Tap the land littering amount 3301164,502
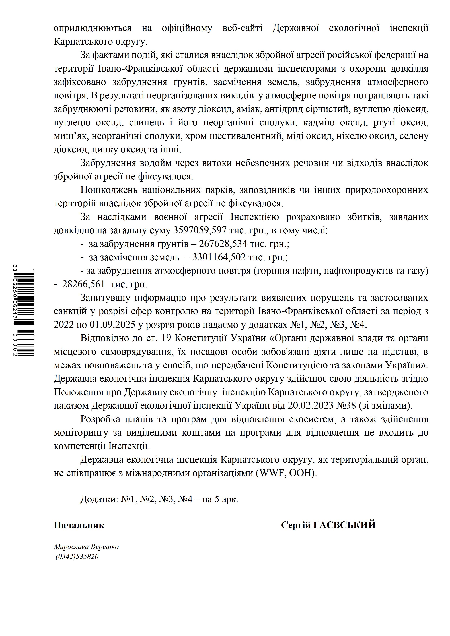pos(219,257)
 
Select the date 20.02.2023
pos(311,406)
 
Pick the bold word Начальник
pos(79,525)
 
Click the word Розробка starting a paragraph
pos(100,419)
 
